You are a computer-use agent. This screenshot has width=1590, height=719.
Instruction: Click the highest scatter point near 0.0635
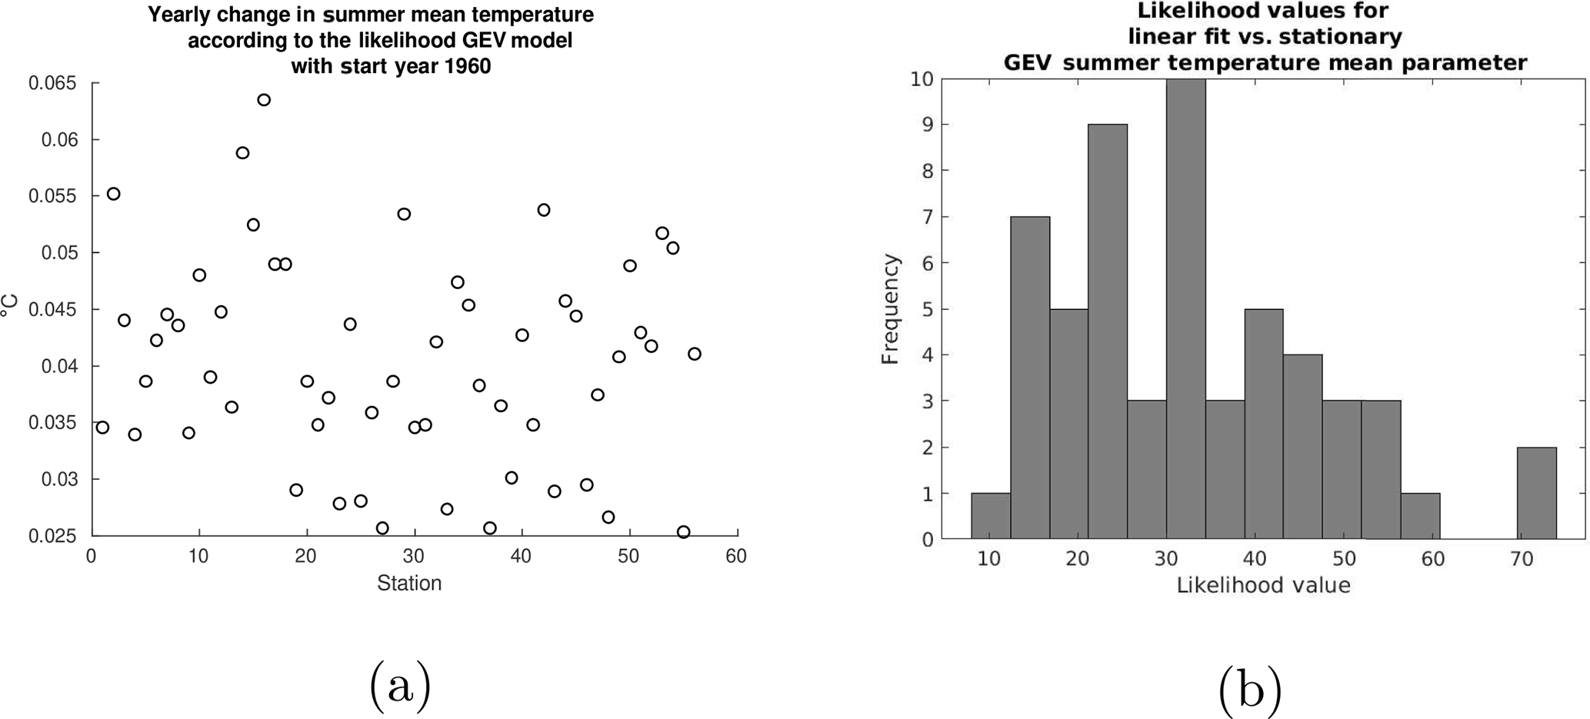coord(264,100)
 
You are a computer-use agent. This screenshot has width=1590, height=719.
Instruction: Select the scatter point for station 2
coord(113,194)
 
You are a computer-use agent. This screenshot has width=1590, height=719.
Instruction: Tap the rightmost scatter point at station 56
coord(695,354)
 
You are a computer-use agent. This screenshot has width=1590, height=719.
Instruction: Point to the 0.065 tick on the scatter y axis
coord(53,83)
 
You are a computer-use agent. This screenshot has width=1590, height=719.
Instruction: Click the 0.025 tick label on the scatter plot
coord(53,536)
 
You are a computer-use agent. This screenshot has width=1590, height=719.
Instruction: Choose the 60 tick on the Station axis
coord(736,556)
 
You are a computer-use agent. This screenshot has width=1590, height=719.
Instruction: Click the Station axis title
coord(409,584)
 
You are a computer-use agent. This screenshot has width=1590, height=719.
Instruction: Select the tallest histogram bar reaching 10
coord(1186,308)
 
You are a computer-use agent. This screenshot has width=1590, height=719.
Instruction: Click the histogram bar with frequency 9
coord(1108,331)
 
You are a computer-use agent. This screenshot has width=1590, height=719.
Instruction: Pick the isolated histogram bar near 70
coord(1537,493)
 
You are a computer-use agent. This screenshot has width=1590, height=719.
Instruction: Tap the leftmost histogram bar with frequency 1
coord(991,516)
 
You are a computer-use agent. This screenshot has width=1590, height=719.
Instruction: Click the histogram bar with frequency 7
coord(1030,377)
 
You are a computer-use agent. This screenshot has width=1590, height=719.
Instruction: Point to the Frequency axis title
coord(890,309)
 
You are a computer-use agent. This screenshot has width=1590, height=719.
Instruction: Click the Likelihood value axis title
coord(1263,586)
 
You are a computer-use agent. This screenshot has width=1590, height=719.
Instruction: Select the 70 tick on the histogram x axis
coord(1522,559)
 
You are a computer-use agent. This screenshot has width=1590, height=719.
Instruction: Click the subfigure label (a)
coord(400,685)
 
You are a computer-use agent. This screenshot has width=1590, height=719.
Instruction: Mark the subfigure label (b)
coord(1250,689)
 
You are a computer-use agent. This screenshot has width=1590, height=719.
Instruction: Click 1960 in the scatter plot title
coord(465,67)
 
